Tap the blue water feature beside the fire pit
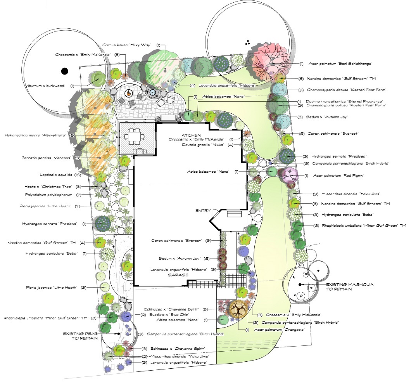(x=153, y=92)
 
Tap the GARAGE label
(x=178, y=275)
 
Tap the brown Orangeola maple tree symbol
(x=239, y=309)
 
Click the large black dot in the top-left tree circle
(x=64, y=71)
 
